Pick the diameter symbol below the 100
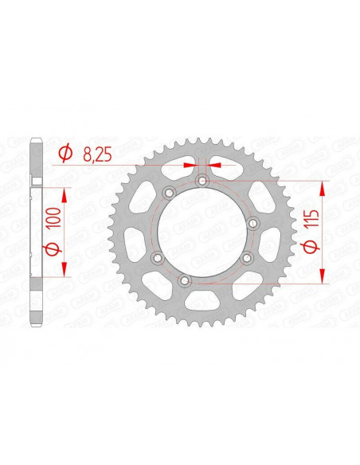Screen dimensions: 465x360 pos(53,251)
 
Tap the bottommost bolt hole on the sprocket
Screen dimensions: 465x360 pos(185,280)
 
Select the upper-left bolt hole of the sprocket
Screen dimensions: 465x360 pos(168,193)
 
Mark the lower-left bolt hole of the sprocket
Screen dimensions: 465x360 pos(157,258)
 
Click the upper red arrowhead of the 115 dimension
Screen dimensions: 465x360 pos(323,188)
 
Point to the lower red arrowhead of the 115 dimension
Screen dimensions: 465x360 pos(323,274)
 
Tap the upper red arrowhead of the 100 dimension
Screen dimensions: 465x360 pos(64,194)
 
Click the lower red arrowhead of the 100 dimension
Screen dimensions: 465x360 pos(64,268)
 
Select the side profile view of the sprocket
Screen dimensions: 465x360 pos(33,231)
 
